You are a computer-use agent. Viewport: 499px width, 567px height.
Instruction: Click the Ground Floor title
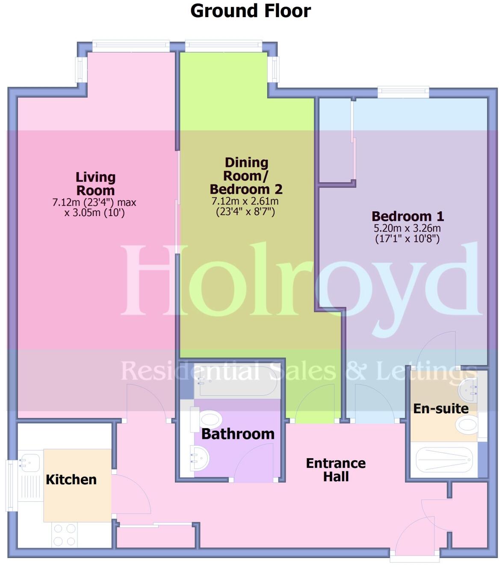pos(250,11)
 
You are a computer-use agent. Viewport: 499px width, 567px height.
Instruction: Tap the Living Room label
pos(95,184)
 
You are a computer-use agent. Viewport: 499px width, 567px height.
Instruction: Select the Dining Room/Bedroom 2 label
pos(246,175)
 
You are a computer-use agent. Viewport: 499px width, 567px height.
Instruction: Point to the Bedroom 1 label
pos(407,216)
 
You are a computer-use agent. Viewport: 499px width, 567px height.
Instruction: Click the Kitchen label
pos(71,479)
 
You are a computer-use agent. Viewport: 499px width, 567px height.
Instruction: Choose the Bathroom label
pos(238,434)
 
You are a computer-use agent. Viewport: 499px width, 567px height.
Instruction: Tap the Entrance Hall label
pos(336,470)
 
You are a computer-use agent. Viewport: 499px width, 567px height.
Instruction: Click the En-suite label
pos(441,408)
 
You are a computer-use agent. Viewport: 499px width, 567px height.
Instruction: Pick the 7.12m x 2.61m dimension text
pos(245,201)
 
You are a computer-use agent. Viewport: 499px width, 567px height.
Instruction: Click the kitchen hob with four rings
pos(65,535)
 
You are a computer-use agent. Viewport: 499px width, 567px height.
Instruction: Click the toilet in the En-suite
pos(466,425)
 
